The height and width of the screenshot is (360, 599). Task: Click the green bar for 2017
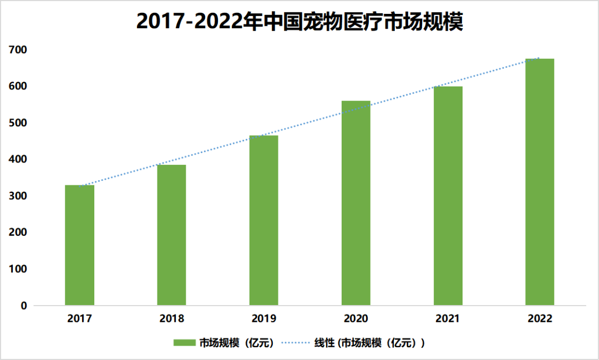[x=79, y=245]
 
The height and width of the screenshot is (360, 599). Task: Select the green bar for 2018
[x=171, y=235]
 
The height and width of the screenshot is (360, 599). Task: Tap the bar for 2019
[x=263, y=220]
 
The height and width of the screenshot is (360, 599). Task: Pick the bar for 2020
[x=356, y=203]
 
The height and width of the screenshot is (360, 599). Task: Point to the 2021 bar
[x=448, y=196]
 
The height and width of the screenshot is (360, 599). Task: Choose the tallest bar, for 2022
[x=540, y=182]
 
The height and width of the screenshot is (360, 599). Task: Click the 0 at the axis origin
[x=24, y=306]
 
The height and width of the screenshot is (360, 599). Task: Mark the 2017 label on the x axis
[x=79, y=319]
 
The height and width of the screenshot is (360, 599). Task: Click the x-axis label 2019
[x=263, y=319]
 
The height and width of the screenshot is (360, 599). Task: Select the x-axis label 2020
[x=356, y=319]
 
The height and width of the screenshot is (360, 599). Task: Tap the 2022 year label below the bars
[x=540, y=319]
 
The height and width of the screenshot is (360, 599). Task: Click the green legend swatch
[x=185, y=343]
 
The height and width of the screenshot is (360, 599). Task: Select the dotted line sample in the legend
[x=299, y=343]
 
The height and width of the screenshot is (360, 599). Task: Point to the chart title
[x=299, y=22]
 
